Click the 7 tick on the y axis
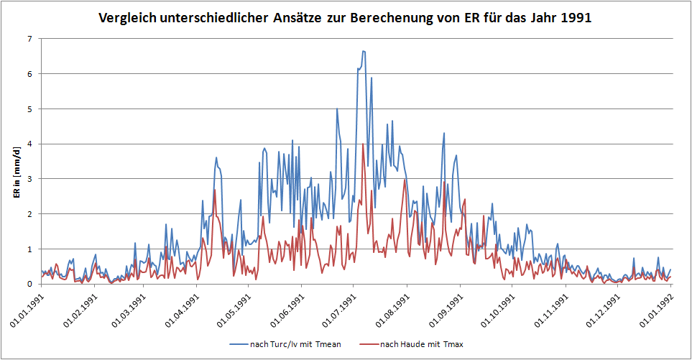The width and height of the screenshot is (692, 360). click(29, 39)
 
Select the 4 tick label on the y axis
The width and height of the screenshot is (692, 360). click(29, 144)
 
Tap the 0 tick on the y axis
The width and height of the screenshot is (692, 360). click(29, 284)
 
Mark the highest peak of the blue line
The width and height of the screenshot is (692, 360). click(364, 51)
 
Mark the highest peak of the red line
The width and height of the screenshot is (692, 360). click(363, 144)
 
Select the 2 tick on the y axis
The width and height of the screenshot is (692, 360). click(29, 214)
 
